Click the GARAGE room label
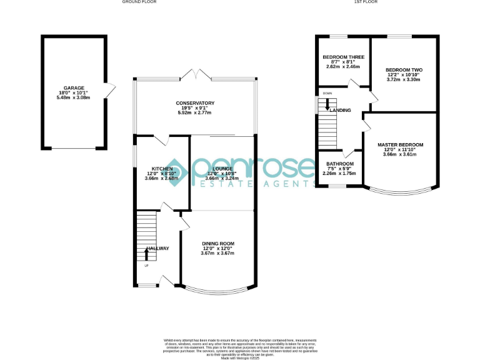[x=74, y=88]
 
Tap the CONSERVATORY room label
[x=195, y=103]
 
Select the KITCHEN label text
[x=162, y=169]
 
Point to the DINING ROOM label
[x=217, y=243]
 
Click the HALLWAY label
[x=157, y=249]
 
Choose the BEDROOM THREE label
[x=342, y=57]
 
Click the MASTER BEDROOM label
[x=400, y=145]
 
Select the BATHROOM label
[x=341, y=164]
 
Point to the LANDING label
[x=341, y=111]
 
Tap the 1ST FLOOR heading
[x=366, y=2]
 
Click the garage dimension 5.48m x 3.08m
[x=74, y=98]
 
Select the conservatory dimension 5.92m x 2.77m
[x=195, y=112]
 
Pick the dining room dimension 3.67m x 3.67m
[x=217, y=253]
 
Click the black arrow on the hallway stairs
[x=146, y=252]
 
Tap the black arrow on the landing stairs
[x=327, y=105]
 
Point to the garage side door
[x=109, y=91]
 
